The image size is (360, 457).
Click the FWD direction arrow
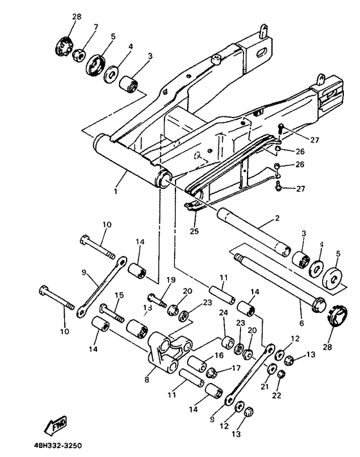click(55, 426)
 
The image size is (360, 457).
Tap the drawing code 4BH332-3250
click(58, 445)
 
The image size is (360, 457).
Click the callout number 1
click(116, 192)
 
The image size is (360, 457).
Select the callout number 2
click(277, 218)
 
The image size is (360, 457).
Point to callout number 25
click(194, 231)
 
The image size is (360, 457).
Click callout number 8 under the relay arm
click(147, 379)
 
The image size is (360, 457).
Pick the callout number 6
click(301, 323)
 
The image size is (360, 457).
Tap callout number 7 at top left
click(96, 27)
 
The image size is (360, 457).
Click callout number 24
click(223, 313)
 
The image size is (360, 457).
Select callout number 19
click(171, 280)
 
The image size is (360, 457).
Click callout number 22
click(276, 395)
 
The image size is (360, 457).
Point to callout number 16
click(219, 355)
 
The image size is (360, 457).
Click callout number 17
click(237, 368)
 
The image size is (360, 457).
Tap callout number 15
click(119, 295)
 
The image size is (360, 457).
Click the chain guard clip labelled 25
click(194, 206)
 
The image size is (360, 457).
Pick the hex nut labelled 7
click(78, 55)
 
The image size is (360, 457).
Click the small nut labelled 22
click(281, 374)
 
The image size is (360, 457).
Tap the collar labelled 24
click(228, 342)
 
